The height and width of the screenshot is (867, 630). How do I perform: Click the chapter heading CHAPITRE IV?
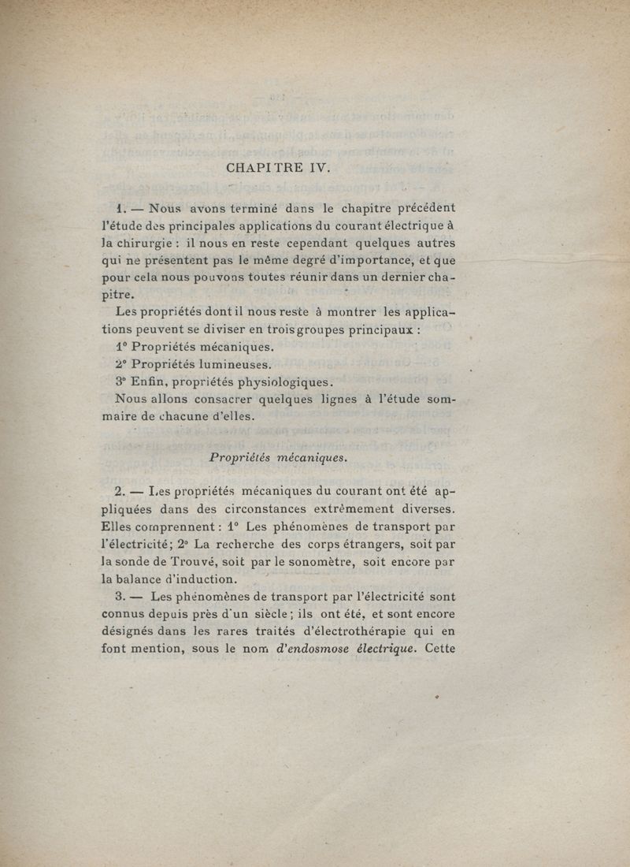pos(280,168)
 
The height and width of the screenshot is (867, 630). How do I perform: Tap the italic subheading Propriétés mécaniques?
pos(278,457)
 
